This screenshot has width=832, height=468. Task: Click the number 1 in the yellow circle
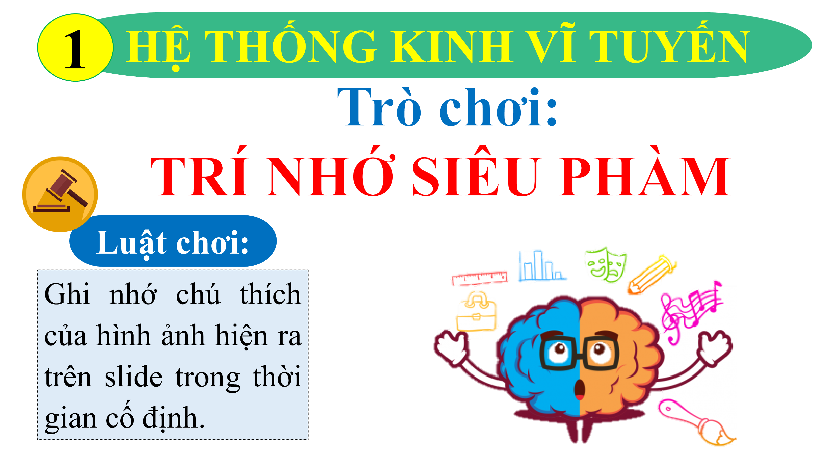coord(75,49)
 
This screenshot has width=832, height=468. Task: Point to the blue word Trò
coord(379,107)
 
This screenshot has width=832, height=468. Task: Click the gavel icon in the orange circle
coord(60,191)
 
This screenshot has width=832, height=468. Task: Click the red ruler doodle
coord(480,278)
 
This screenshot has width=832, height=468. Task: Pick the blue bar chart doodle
coord(541,266)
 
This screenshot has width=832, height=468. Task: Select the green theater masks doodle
coord(606,264)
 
